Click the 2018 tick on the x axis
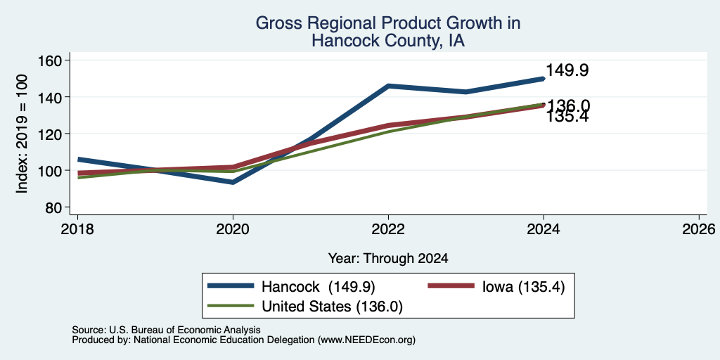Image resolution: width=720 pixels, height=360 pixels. coord(77,229)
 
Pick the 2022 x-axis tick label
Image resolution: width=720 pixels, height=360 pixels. coord(388,229)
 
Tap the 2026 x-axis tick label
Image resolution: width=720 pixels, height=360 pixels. coord(699,229)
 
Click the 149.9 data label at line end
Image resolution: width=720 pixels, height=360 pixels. coord(567,70)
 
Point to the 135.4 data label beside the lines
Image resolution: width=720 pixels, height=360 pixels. coord(567,117)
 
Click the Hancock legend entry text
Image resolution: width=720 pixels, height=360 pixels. coord(319,287)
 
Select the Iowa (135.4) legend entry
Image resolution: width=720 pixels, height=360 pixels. coord(523,287)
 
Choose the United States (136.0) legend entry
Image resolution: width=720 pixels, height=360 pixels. coord(332,307)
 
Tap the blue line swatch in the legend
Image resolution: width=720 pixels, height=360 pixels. coord(231,286)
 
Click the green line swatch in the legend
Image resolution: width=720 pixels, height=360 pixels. coord(231,306)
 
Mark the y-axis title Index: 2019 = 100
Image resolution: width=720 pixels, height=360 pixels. coord(22,134)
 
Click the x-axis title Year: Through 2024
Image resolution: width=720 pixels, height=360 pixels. coord(388,259)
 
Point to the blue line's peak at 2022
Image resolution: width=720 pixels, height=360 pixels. coord(388,86)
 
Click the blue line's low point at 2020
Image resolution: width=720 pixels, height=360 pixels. coord(233,182)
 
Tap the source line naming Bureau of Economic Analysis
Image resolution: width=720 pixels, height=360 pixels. coord(166,330)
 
